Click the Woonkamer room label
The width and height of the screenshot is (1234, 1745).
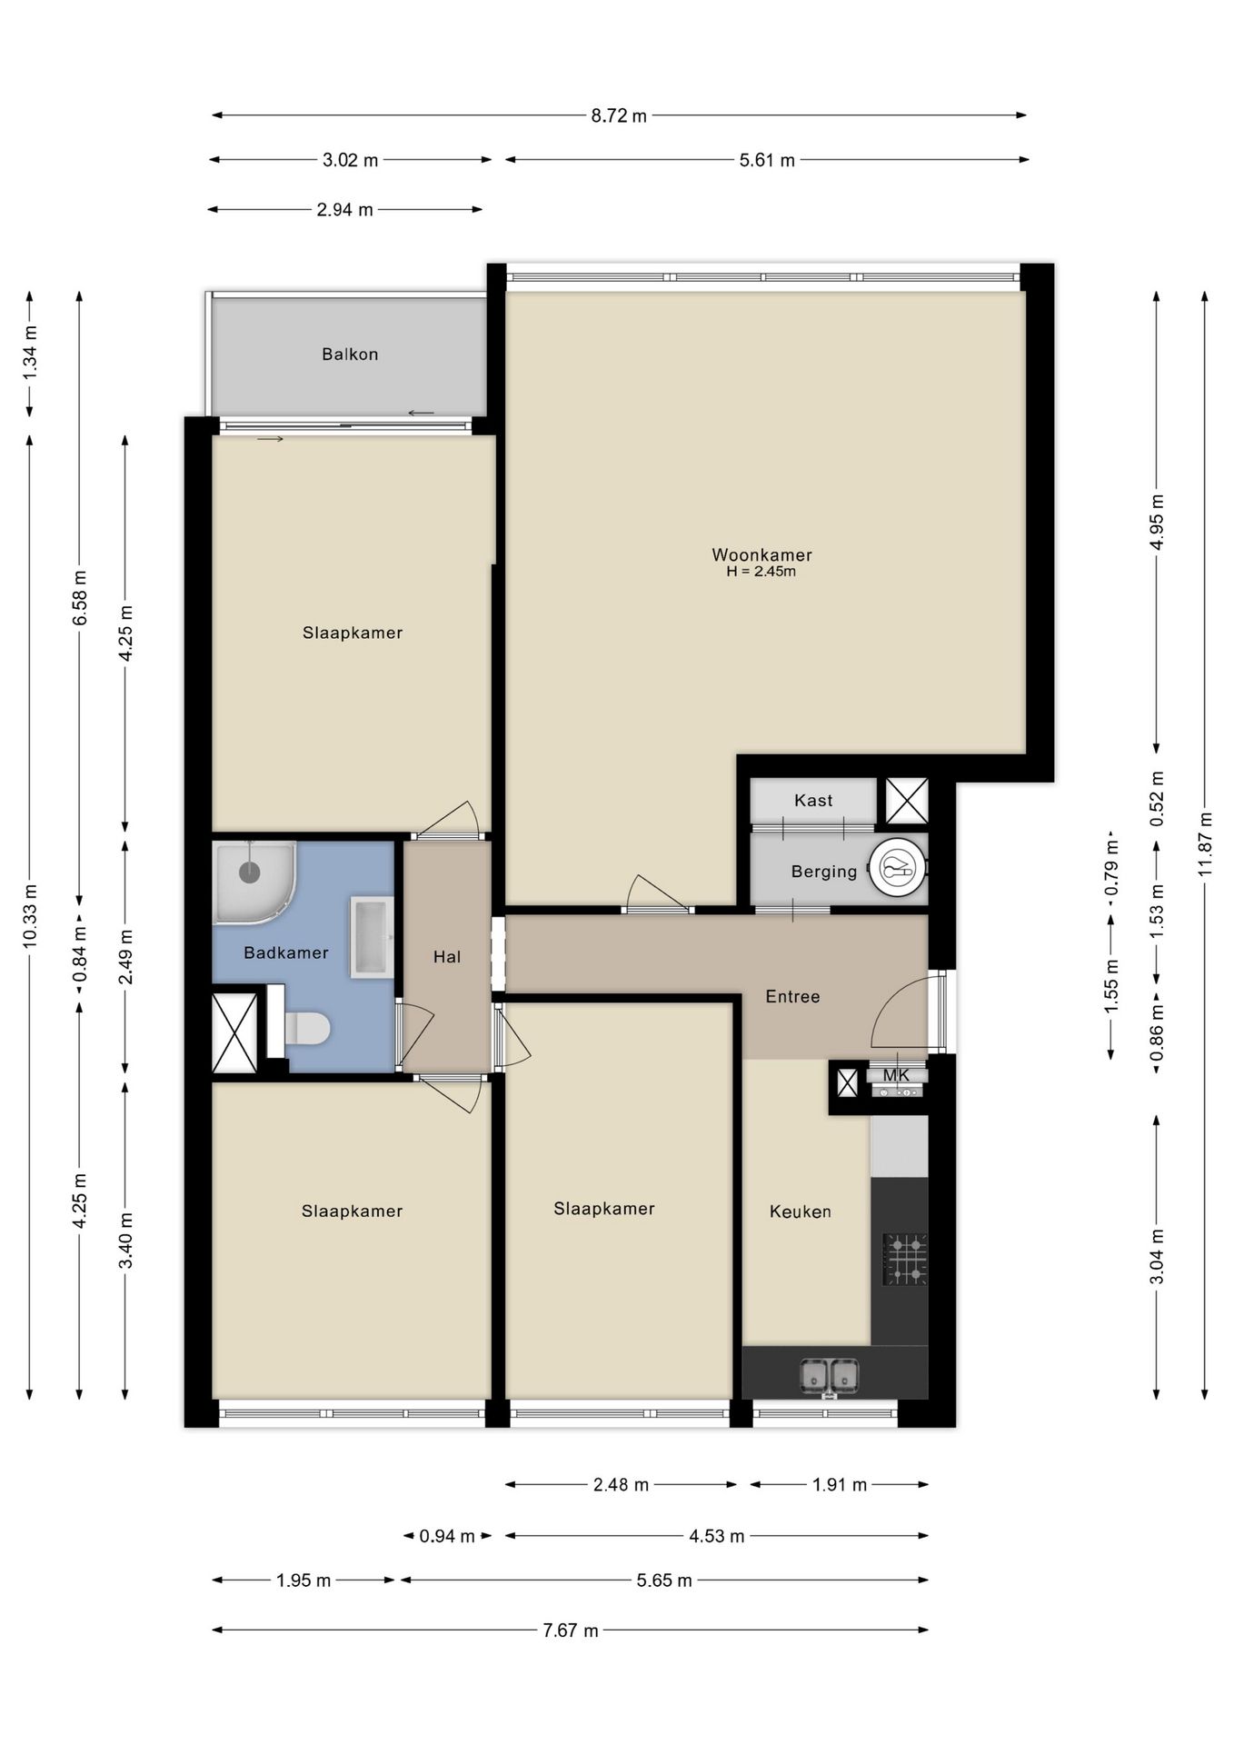pyautogui.click(x=761, y=554)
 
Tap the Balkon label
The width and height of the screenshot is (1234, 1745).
pyautogui.click(x=350, y=354)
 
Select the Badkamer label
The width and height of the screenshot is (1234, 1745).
pyautogui.click(x=286, y=952)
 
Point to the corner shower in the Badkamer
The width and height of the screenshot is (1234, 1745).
pyautogui.click(x=252, y=880)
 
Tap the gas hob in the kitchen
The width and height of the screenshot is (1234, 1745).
pyautogui.click(x=906, y=1259)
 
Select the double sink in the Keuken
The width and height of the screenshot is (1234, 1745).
pyautogui.click(x=829, y=1376)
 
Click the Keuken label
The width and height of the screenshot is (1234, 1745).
pyautogui.click(x=801, y=1212)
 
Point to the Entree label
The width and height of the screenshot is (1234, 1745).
pyautogui.click(x=792, y=997)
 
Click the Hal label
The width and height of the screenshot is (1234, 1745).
pyautogui.click(x=447, y=957)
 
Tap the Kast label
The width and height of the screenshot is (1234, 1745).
pyautogui.click(x=813, y=801)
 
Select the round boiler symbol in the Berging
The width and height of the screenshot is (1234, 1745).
pyautogui.click(x=897, y=867)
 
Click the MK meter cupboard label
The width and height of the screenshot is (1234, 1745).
pyautogui.click(x=897, y=1076)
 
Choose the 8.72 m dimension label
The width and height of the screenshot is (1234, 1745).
pyautogui.click(x=619, y=116)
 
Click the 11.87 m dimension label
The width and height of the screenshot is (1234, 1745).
pyautogui.click(x=1205, y=843)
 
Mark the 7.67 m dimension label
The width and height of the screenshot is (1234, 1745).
pyautogui.click(x=571, y=1630)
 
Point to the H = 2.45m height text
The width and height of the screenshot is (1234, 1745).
pyautogui.click(x=761, y=572)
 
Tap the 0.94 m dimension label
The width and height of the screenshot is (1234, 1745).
pyautogui.click(x=447, y=1536)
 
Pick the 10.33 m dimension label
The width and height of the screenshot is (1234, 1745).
pyautogui.click(x=30, y=915)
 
